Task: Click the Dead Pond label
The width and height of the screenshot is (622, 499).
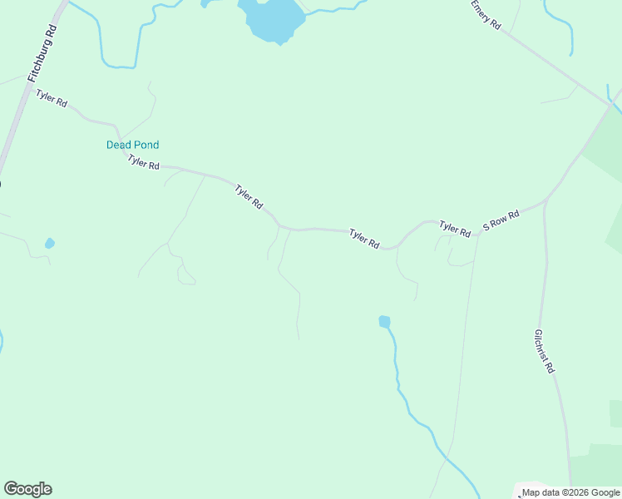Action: coord(132,145)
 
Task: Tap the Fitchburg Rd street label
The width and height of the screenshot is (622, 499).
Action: coord(42,53)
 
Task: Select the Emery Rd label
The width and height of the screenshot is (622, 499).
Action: coord(486,15)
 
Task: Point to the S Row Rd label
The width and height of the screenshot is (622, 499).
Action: coord(501,220)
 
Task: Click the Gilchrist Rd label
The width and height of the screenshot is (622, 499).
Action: coord(544,351)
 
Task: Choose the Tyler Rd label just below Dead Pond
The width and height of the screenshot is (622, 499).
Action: coord(143,162)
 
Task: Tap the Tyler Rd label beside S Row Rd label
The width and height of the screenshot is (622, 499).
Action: coord(455,229)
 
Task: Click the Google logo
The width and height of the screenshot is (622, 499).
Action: coord(27,489)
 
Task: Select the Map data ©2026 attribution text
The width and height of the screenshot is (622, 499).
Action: coord(570,492)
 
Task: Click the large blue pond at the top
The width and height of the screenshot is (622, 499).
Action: coord(271,18)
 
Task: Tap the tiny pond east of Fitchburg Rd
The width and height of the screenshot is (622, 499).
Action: coord(50,243)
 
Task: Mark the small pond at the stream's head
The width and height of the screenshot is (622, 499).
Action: coord(384,321)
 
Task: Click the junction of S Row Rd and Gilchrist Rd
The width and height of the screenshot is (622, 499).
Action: coord(545,200)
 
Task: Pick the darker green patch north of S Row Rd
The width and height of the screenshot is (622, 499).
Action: coord(605,141)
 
